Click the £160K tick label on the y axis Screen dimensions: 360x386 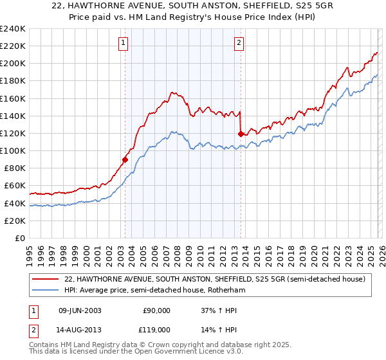[12, 98]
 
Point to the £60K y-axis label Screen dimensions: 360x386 [14, 186]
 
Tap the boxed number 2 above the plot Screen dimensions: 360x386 [239, 43]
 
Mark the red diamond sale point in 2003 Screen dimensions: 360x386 [125, 159]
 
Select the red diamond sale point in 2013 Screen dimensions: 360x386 [241, 134]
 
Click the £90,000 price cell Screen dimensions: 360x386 [156, 310]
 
